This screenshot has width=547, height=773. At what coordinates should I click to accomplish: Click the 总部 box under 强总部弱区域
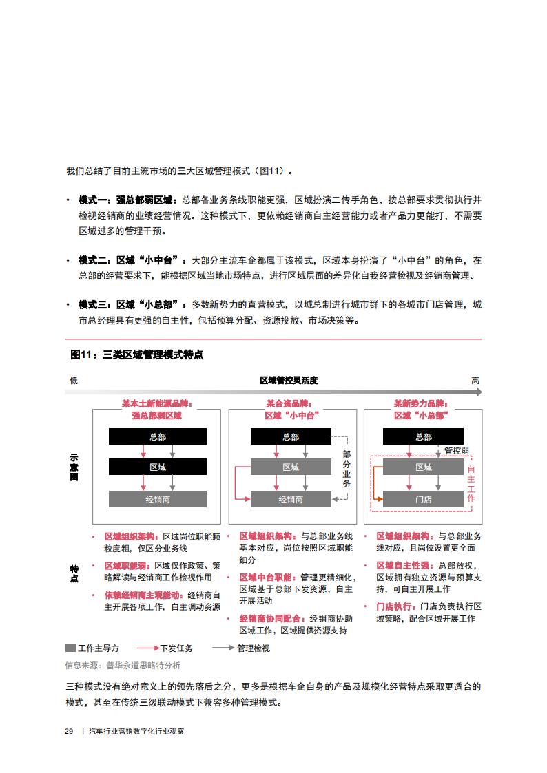click(157, 436)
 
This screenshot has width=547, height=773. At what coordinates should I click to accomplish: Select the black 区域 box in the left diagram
click(157, 467)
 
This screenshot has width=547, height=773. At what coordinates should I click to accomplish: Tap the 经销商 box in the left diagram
click(157, 499)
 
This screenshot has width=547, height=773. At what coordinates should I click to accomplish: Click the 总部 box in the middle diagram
click(291, 436)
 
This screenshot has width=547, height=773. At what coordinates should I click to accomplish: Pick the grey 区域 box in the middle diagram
click(291, 467)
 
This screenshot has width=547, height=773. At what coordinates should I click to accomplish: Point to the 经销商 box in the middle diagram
click(291, 499)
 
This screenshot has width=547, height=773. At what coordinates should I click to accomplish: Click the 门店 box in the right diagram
click(424, 499)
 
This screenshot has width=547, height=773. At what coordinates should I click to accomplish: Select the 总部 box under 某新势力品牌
click(424, 436)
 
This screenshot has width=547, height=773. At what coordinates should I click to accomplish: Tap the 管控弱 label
click(456, 451)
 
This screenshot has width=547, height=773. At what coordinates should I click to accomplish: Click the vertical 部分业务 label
click(347, 469)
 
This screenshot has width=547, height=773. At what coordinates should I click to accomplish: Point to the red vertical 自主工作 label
click(471, 483)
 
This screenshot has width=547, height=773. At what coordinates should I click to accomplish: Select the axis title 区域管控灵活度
click(289, 380)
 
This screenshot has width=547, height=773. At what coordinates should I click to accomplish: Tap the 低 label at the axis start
click(74, 380)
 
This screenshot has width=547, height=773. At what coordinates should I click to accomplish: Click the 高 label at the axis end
click(475, 380)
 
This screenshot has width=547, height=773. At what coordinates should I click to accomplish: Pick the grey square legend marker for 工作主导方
click(70, 648)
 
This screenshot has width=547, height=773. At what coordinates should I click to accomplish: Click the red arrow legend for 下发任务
click(148, 648)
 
